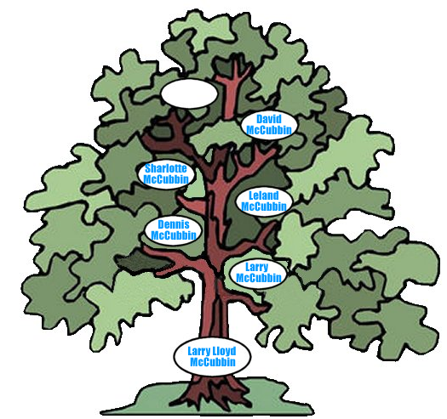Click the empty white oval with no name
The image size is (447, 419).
189,94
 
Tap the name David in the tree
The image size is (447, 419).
269,119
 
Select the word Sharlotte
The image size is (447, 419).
166,168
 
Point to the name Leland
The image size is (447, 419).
264,195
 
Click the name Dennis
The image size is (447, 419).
174,224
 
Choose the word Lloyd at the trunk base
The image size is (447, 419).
223,352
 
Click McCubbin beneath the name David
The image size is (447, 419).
269,130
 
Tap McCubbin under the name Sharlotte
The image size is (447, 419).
166,179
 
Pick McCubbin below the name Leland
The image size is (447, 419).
264,207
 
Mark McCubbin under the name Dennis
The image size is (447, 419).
174,235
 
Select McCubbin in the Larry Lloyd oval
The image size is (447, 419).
213,362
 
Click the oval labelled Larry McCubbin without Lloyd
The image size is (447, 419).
258,273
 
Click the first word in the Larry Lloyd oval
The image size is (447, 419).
198,352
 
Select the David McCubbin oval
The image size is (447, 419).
269,125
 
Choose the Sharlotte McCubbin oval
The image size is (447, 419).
166,174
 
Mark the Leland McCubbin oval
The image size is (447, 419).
264,201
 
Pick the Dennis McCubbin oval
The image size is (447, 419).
174,230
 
